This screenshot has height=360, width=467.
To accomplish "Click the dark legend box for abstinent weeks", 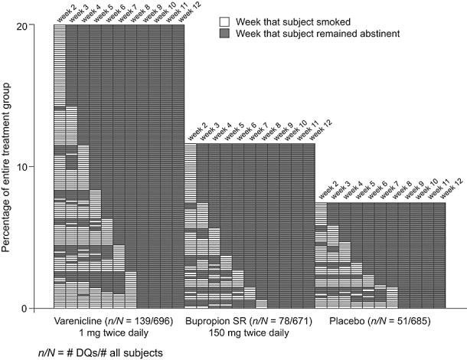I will [x=224, y=34].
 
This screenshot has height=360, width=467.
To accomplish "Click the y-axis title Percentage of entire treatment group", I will [x=11, y=166].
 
